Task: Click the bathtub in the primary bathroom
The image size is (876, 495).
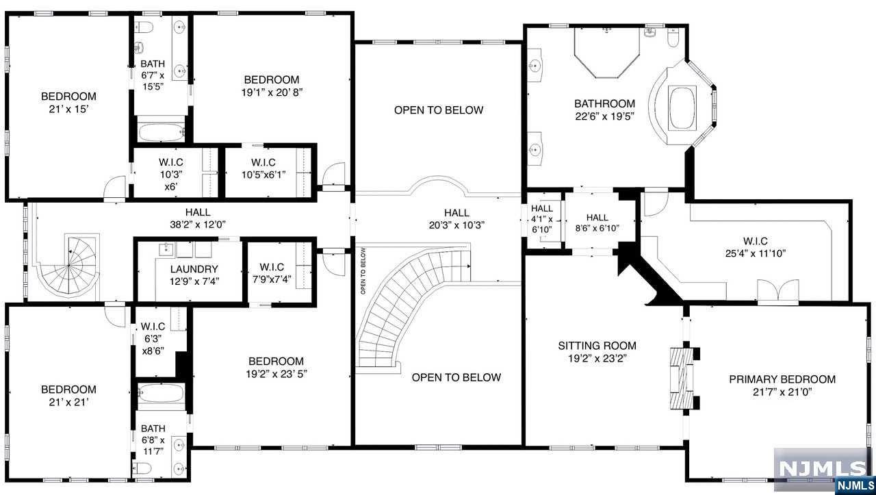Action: (682, 108)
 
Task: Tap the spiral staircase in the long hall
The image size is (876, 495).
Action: (68, 266)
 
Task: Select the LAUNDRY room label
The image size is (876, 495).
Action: (194, 269)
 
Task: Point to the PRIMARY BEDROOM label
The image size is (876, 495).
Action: (782, 379)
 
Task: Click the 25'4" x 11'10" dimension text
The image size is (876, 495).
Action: (755, 253)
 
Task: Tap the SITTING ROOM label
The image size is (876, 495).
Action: (597, 346)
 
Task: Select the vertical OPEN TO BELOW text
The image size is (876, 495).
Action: (363, 271)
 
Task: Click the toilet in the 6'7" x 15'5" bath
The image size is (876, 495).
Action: (144, 27)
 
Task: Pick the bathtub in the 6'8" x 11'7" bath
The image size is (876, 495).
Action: (161, 393)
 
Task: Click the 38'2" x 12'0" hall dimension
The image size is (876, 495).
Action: (198, 225)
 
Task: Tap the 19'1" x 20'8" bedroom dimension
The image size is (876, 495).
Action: (272, 92)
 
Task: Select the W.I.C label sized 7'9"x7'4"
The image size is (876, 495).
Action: (272, 272)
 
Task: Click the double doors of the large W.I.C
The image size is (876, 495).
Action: (778, 292)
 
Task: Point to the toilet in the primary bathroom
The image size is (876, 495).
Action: (673, 38)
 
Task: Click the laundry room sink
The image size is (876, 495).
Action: (166, 249)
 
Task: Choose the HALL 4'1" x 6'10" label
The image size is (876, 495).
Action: (541, 218)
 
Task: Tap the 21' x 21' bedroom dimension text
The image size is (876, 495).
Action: (68, 402)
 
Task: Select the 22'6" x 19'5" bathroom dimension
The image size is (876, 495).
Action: (604, 116)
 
